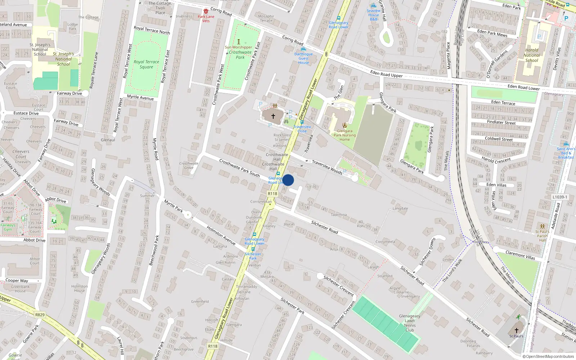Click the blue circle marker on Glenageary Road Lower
(288, 180)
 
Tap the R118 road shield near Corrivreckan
(273, 194)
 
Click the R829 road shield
(40, 315)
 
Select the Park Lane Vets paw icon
(206, 12)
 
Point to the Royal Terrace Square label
(146, 64)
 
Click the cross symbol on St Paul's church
(516, 330)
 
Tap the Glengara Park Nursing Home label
(345, 135)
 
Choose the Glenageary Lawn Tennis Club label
(410, 323)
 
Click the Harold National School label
(531, 55)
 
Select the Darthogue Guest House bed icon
(303, 49)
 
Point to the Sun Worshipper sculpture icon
(238, 42)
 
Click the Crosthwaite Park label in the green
(240, 55)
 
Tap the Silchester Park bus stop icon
(253, 249)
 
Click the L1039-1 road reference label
(559, 197)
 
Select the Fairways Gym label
(8, 227)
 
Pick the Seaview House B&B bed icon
(373, 6)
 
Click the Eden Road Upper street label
(387, 74)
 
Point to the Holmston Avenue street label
(221, 235)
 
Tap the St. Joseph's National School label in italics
(63, 59)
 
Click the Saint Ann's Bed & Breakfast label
(566, 153)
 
